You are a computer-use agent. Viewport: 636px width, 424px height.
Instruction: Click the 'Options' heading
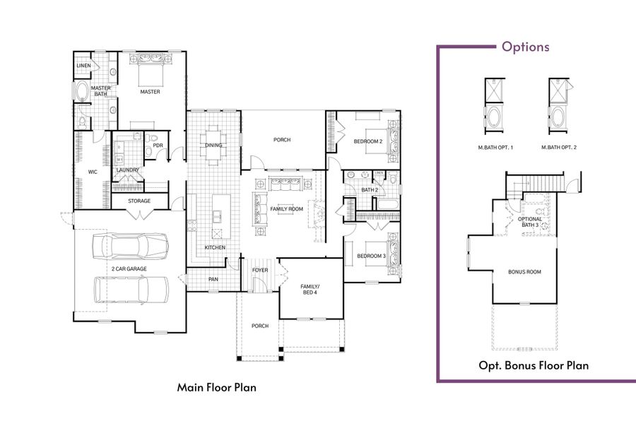tap(525, 47)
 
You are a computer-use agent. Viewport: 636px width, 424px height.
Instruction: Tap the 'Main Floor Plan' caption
tap(216, 387)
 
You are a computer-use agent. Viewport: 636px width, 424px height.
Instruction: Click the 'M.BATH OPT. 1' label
tap(495, 148)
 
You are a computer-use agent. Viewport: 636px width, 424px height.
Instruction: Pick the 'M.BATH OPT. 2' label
tap(559, 148)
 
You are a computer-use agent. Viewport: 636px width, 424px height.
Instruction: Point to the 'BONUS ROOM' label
tap(524, 272)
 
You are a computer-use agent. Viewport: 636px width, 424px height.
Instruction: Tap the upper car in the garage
tap(131, 246)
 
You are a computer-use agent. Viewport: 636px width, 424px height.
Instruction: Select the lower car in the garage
tap(131, 289)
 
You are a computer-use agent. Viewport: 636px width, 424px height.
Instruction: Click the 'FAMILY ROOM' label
tap(286, 209)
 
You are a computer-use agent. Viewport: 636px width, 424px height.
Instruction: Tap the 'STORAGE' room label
tap(139, 201)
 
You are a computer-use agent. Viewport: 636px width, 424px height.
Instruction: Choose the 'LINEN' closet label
tap(83, 66)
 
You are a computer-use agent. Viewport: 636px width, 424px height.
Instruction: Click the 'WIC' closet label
tap(92, 171)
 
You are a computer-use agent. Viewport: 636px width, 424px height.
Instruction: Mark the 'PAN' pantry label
tap(213, 279)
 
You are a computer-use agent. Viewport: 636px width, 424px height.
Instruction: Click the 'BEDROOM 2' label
tap(367, 142)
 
